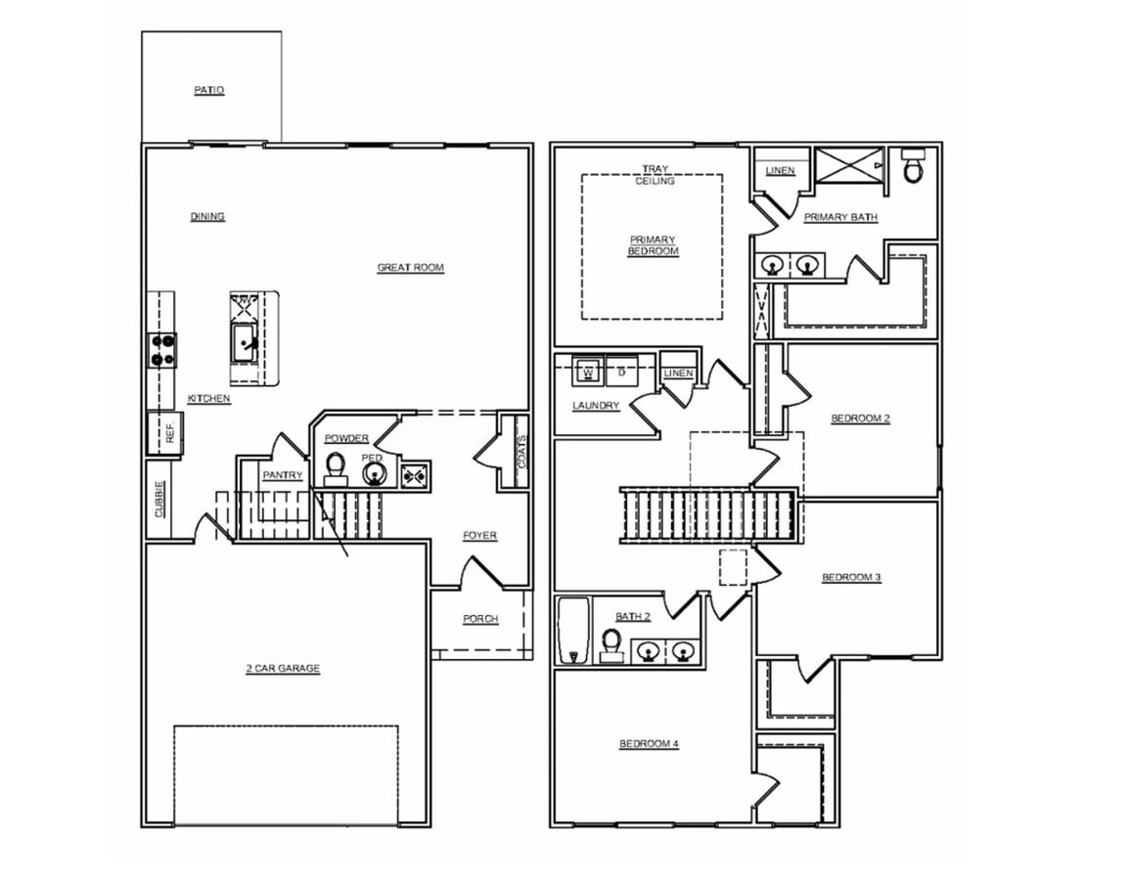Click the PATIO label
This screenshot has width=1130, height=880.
pos(208,90)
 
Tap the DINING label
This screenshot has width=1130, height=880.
pos(207,216)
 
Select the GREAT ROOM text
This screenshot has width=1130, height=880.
pos(411,267)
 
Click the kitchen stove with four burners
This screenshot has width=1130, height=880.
pos(162,350)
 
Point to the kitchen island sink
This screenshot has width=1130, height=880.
pos(245,342)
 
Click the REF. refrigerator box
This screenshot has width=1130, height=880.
pos(164,433)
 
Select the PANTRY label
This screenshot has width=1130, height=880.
pos(283,475)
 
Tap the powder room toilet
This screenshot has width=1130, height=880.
pos(336,467)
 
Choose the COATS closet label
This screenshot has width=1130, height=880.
pos(521,451)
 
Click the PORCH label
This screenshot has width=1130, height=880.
pos(480,619)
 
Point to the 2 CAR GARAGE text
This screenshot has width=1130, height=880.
pos(283,669)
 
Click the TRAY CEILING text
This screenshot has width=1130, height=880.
pos(655,175)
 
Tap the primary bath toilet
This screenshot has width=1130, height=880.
pos(913,167)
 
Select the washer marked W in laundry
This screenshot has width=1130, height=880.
pos(588,372)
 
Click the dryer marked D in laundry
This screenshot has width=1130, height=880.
pos(621,372)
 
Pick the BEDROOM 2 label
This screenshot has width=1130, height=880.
pos(860,418)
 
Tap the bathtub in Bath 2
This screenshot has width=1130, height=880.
pos(573,631)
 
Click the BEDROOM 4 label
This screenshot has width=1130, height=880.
pos(649,744)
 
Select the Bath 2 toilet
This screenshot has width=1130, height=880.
pos(612,645)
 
